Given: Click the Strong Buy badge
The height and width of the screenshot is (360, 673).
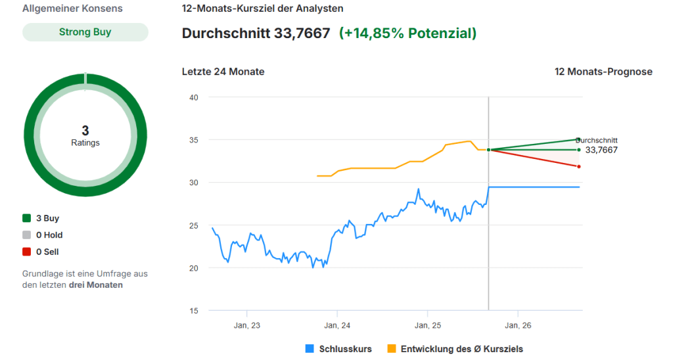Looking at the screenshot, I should pos(85,32).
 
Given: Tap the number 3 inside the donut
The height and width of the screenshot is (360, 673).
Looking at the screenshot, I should pos(85,131).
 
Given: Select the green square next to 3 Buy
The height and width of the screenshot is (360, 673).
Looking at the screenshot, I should pos(27,218).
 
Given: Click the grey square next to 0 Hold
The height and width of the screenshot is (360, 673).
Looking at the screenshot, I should pos(27,235).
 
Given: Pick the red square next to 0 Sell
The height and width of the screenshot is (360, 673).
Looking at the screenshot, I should pos(27,252).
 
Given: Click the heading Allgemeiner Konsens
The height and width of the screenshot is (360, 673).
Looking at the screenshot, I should pos(72,9).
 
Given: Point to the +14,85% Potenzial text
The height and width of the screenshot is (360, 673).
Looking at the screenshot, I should pos(407,33).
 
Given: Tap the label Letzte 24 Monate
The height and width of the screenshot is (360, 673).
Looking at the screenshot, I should pos(223,72).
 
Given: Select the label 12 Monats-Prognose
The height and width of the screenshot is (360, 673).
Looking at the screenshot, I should pos(603,72).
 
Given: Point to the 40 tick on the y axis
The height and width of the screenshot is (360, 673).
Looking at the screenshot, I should pos(194,97).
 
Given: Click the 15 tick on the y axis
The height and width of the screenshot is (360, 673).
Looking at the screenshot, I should pos(194,311).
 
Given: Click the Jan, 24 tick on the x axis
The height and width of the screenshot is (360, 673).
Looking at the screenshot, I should pos(337,325).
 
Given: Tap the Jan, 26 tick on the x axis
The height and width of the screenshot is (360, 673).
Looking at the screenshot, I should pos(518,325).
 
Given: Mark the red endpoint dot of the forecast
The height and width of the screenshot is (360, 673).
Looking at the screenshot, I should pos(579,166).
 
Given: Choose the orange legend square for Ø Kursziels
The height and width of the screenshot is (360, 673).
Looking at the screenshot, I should pos(392,349).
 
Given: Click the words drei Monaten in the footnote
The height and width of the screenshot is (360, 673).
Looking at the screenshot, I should pos(95,285).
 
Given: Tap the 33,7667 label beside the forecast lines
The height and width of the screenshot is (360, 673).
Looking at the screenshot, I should pos(601,150).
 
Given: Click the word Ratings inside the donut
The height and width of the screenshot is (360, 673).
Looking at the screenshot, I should pos(85,143).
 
